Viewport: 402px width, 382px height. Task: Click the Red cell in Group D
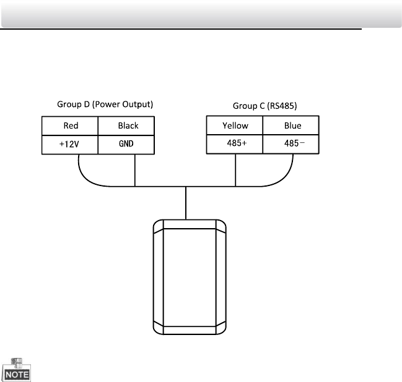[x=70, y=125]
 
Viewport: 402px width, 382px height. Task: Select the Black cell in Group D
[x=128, y=125]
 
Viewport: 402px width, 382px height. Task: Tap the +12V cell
[x=70, y=145]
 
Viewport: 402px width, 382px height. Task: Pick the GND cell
[x=128, y=145]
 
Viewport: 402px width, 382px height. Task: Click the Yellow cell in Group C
[x=235, y=125]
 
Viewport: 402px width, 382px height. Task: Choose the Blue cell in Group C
[x=292, y=125]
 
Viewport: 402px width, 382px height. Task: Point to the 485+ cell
[x=235, y=145]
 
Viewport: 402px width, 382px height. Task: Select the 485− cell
[x=292, y=145]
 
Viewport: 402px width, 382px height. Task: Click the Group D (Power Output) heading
[x=105, y=104]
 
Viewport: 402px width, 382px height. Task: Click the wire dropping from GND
[x=135, y=170]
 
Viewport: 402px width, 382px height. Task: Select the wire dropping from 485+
[x=236, y=170]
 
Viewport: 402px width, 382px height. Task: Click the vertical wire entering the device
[x=186, y=201]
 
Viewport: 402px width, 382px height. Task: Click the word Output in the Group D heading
[x=139, y=104]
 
